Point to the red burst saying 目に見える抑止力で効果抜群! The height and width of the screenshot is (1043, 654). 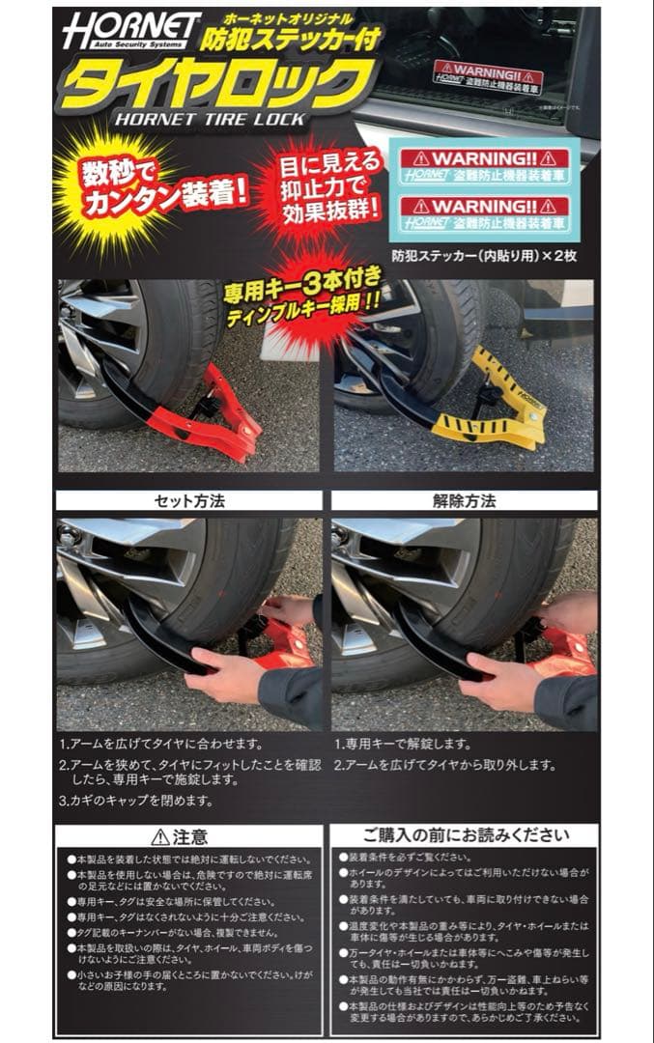319,183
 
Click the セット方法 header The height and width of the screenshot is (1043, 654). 189,501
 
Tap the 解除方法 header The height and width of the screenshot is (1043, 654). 464,501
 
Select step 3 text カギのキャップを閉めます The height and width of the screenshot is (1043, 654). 135,801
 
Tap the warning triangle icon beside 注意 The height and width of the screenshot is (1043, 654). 159,837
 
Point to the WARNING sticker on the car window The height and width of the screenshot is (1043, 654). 487,76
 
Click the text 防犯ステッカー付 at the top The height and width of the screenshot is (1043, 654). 290,39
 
